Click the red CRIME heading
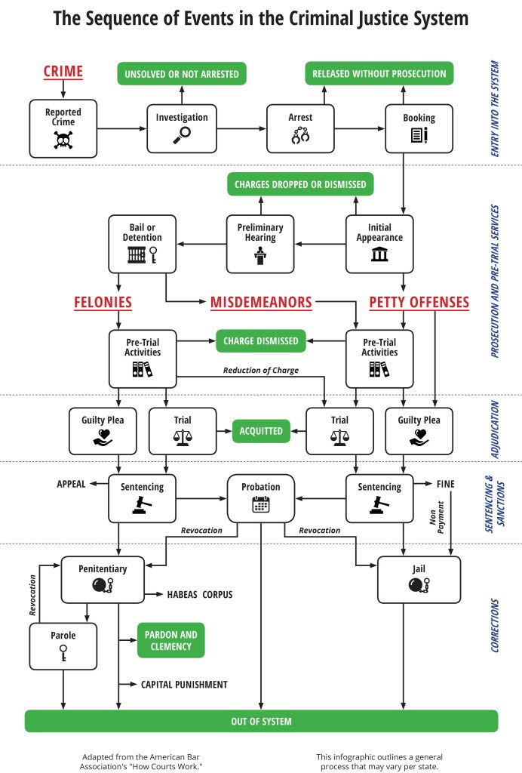[63, 72]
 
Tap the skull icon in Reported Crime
[63, 139]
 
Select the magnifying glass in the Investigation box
[182, 135]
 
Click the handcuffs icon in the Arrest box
[300, 136]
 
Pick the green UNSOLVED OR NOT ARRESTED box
[182, 74]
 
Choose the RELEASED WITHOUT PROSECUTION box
[379, 74]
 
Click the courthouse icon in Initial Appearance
[379, 254]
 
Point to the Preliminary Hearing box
[260, 244]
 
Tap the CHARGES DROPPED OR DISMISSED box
[300, 184]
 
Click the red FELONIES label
[103, 303]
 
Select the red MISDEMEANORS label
[261, 303]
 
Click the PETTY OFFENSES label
[419, 303]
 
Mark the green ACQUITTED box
[261, 431]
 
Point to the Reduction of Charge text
[260, 370]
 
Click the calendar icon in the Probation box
[261, 504]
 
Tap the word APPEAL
[72, 484]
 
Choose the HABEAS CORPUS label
[199, 595]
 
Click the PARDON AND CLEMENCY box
[171, 640]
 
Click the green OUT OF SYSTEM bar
[261, 721]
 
